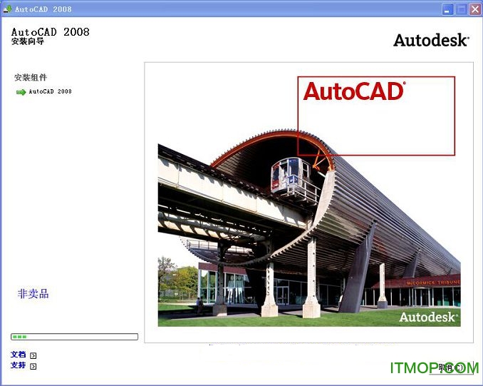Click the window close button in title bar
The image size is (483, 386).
474,9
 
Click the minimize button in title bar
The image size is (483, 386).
447,9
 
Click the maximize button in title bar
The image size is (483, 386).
461,9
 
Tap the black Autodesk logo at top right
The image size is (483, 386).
430,40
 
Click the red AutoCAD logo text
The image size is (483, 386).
353,91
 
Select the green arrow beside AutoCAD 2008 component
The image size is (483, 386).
21,92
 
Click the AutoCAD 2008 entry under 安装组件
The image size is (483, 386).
50,92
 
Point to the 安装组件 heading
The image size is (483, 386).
31,77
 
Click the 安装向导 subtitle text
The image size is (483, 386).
28,42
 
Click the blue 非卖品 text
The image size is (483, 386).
33,293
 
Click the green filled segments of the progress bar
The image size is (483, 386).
19,336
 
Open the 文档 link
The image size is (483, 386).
18,355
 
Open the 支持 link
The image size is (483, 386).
18,365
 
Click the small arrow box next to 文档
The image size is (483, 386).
33,355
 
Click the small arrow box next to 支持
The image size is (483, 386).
33,366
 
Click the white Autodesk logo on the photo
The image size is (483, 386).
427,317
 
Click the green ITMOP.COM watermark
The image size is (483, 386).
434,368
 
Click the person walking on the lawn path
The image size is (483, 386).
199,305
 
